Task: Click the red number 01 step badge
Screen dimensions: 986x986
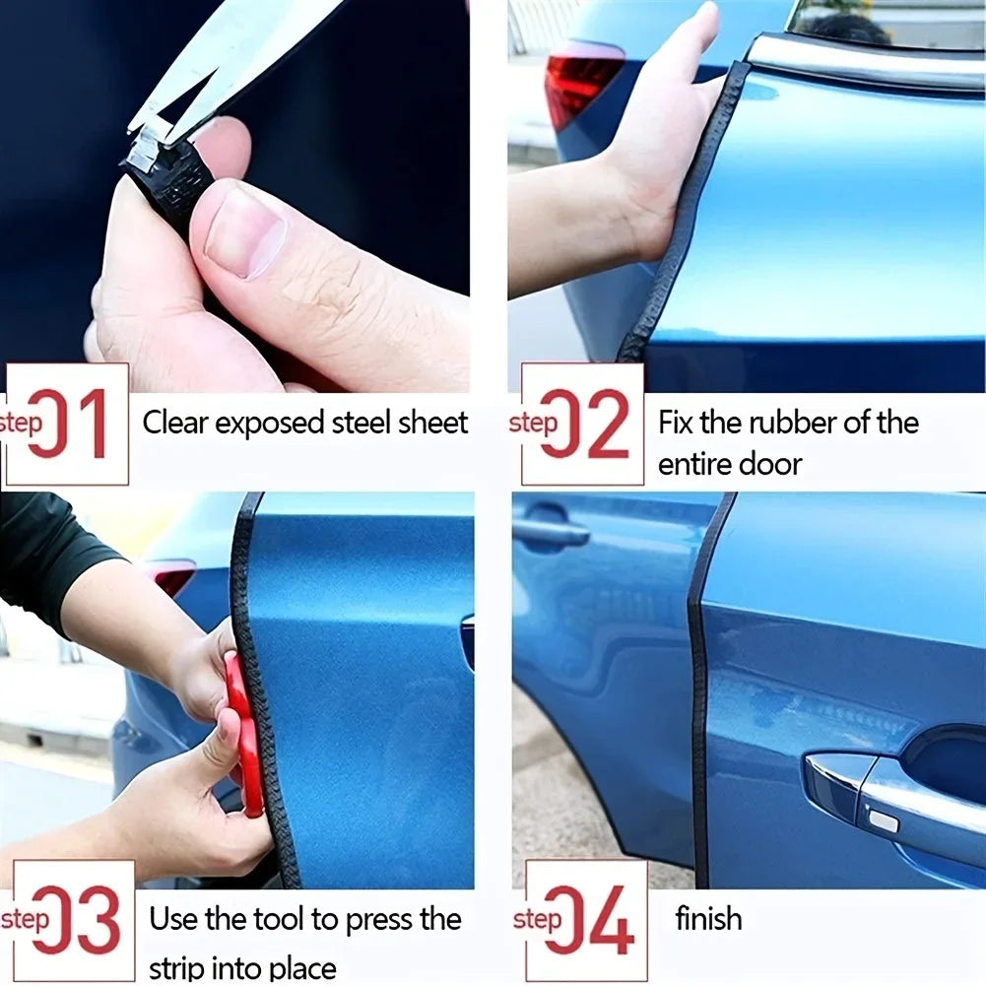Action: [x=67, y=424]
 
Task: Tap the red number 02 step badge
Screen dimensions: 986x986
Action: [x=582, y=424]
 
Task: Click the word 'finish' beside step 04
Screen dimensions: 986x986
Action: [x=708, y=919]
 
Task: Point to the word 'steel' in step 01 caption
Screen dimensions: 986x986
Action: [x=353, y=424]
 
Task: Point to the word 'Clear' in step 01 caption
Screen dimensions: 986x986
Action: [x=175, y=424]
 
